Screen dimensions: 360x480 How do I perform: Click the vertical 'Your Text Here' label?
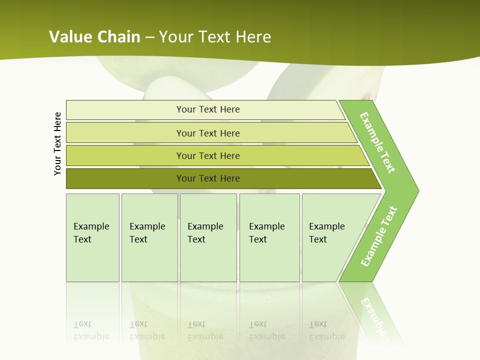(x=57, y=143)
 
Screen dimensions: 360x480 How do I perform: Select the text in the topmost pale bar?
(x=208, y=109)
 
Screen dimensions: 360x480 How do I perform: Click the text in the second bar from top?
(x=208, y=133)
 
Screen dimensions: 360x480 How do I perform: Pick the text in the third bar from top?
(x=208, y=156)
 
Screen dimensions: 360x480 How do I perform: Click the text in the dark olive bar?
(x=208, y=178)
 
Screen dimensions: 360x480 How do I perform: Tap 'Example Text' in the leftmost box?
(x=91, y=233)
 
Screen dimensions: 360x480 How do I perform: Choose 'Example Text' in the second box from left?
(x=147, y=233)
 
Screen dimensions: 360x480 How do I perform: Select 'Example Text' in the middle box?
(x=205, y=233)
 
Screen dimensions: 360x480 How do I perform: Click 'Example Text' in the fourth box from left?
(x=266, y=233)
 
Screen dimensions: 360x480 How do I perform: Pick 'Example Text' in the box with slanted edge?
(x=326, y=233)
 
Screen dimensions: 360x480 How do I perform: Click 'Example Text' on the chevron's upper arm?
(x=377, y=142)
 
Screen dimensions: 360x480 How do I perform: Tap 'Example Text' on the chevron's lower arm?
(x=379, y=236)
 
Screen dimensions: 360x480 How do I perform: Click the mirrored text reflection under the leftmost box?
(x=91, y=330)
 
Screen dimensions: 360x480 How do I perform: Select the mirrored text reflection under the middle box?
(x=205, y=330)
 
